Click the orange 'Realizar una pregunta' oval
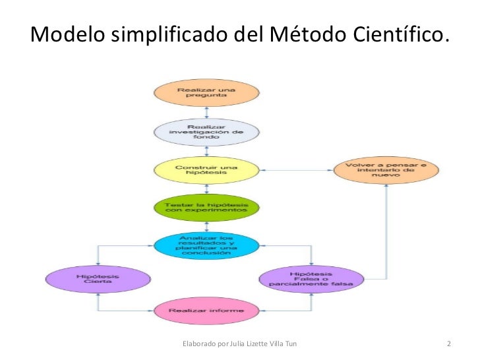point(206,93)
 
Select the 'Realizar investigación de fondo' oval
point(206,132)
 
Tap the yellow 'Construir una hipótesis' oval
point(206,171)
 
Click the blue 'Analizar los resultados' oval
point(206,245)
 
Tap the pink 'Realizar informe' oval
point(206,310)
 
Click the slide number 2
point(448,344)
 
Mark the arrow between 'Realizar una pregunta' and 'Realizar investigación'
point(206,112)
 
